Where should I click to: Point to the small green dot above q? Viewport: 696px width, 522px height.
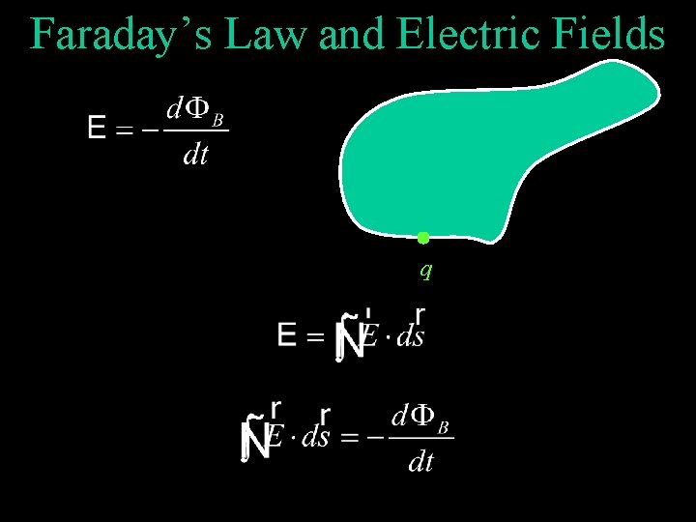point(422,238)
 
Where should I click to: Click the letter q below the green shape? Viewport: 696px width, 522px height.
point(425,271)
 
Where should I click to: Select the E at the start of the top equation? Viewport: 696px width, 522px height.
point(97,128)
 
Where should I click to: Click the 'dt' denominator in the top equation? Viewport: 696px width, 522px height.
point(195,155)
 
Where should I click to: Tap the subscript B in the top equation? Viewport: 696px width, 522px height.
point(218,120)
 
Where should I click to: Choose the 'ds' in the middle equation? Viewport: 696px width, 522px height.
point(410,338)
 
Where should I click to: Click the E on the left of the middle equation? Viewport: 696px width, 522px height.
point(287,336)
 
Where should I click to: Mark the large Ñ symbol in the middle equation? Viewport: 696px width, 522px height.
point(348,338)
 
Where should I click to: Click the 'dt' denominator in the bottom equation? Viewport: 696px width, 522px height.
point(420,462)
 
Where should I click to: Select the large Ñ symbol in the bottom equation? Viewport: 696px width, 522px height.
point(254,440)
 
